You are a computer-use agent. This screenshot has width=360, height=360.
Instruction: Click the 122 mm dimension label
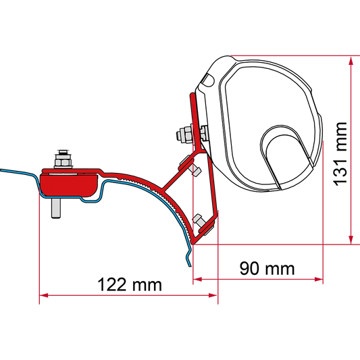point(130,285)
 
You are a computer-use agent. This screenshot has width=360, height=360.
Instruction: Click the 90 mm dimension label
point(267,268)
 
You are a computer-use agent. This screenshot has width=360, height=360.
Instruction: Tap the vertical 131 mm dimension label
point(340,154)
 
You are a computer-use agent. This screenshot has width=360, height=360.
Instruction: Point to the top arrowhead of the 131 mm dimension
point(351,61)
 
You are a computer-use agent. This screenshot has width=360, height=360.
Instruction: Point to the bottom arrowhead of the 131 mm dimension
point(351,240)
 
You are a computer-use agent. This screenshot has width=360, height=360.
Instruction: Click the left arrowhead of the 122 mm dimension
point(44,295)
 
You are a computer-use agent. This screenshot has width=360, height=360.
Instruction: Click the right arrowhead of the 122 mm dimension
point(213,295)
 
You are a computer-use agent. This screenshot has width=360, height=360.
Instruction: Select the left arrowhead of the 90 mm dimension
point(197,279)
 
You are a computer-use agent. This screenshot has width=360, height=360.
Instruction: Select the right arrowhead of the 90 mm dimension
point(319,279)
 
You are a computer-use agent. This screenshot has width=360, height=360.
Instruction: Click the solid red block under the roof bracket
point(68,185)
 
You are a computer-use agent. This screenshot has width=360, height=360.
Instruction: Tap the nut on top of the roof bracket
point(63,161)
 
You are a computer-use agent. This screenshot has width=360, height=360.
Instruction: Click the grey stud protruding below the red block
point(56,208)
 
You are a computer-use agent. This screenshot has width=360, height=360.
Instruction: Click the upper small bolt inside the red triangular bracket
point(195,170)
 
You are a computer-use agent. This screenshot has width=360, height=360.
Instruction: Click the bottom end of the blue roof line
point(190,266)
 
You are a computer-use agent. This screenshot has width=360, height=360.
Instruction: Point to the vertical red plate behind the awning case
point(195,120)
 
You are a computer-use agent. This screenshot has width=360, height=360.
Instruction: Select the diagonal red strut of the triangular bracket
point(178,171)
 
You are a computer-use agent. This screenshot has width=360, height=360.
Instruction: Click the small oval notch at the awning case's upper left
point(208,80)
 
